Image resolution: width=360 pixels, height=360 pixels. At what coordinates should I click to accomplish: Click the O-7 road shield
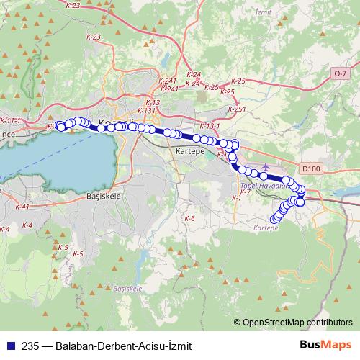point(340,73)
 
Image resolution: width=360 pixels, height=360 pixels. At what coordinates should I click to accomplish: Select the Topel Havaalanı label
point(263,185)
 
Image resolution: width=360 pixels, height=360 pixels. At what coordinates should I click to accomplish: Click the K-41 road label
point(22,207)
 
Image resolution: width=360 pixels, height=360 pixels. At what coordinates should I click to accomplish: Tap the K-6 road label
point(189,217)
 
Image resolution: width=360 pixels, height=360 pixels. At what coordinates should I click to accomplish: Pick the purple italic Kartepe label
point(266,228)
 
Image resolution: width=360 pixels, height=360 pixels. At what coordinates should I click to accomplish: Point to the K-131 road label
point(146,111)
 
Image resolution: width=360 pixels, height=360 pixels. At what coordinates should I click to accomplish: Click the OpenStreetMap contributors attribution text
point(297,322)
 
